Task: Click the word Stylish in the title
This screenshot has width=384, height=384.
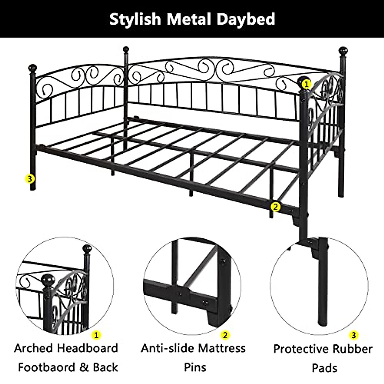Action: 135,19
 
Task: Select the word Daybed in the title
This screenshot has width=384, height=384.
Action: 246,19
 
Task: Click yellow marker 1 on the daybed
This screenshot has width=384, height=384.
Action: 307,84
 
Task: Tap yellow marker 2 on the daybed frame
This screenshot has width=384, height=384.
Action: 275,206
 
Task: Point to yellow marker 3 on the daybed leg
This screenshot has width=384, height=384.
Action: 30,179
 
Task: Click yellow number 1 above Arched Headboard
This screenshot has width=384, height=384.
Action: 96,335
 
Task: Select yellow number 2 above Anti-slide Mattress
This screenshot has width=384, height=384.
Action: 225,335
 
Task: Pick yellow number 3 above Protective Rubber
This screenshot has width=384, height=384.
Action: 354,335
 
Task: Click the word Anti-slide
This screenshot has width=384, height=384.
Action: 167,348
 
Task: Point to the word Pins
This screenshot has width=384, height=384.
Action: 195,367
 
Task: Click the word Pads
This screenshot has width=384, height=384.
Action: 324,368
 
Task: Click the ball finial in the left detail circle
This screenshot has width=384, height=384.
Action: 87,249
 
